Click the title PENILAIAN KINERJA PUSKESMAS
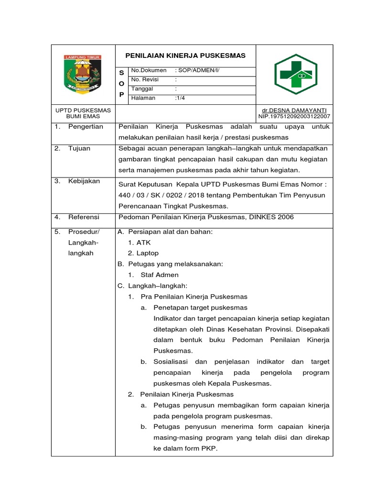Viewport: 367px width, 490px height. coord(186,56)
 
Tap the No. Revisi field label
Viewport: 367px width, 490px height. coord(145,79)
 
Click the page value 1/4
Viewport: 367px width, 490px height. coord(181,98)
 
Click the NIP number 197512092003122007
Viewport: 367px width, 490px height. coord(294,116)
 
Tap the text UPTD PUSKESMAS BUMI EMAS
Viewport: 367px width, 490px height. coord(83,113)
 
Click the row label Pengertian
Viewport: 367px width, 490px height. coord(86,127)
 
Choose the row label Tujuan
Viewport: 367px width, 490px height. coord(79,148)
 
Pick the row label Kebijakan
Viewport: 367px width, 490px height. coord(84,181)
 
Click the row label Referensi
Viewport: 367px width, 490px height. coord(84,217)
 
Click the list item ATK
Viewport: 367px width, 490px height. coord(143,243)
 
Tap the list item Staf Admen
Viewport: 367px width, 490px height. coord(160,275)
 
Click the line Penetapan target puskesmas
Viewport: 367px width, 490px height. coord(200,307)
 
